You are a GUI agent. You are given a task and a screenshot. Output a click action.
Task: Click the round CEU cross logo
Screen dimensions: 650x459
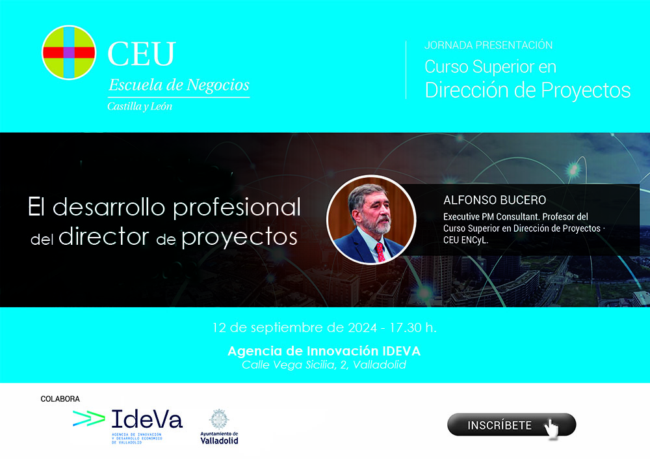tap(69, 53)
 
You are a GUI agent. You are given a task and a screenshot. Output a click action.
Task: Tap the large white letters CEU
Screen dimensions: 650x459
tap(142, 53)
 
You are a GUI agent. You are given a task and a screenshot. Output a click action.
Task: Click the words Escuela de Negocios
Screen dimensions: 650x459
tap(179, 85)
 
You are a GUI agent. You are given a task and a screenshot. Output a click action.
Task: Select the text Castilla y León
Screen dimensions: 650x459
tap(140, 107)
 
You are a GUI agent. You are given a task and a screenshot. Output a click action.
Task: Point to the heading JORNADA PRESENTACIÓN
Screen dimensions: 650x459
tap(488, 45)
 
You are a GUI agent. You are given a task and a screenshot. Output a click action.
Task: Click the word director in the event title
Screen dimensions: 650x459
tap(103, 236)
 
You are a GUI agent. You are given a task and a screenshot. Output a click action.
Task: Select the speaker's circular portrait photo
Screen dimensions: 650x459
tap(371, 220)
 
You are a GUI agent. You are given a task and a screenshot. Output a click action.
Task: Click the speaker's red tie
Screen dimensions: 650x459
tap(380, 252)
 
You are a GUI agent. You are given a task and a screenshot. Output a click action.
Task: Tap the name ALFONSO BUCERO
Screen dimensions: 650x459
tap(495, 201)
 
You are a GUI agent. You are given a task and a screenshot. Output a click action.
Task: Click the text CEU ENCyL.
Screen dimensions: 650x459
tap(465, 240)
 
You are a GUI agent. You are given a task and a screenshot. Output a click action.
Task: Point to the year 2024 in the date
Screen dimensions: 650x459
tap(362, 327)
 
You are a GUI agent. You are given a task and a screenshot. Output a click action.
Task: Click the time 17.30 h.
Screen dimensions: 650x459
tap(413, 327)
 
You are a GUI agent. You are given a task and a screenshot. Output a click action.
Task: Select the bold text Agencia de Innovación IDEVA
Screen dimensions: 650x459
tap(324, 351)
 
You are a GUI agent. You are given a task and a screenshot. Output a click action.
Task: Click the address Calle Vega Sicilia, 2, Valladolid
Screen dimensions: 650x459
tap(324, 365)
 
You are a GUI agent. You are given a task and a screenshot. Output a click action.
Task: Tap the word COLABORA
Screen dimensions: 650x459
tap(60, 398)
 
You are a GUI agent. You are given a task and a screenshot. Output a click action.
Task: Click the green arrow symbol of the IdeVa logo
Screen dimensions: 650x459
tap(88, 418)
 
